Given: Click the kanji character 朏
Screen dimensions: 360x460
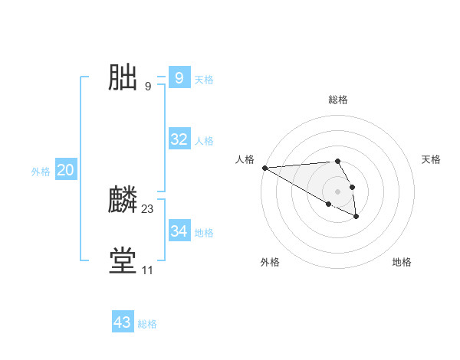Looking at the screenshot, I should click(x=123, y=78).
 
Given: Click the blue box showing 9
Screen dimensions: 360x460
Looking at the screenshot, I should click(x=179, y=78).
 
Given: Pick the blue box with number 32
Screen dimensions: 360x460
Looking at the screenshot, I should click(x=179, y=139).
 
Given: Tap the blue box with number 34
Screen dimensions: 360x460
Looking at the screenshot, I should click(x=179, y=231).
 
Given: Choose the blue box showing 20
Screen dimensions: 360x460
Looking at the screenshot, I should click(x=65, y=170).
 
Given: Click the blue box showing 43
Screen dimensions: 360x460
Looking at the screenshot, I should click(x=123, y=322).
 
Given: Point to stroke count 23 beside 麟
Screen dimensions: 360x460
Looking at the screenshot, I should click(x=147, y=209).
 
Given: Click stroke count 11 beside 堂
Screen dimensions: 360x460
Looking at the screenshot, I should click(x=147, y=270).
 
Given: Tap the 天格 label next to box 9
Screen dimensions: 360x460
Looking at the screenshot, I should click(x=204, y=80).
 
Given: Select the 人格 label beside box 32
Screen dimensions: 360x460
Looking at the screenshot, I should click(x=204, y=141).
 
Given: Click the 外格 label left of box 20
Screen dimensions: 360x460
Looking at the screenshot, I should click(x=41, y=172).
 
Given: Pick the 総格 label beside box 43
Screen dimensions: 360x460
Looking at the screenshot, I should click(x=147, y=324).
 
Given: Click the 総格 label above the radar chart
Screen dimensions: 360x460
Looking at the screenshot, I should click(x=337, y=100).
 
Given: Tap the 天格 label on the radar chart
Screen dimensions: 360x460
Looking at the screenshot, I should click(x=431, y=159).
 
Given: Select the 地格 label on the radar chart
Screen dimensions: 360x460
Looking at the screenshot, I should click(x=402, y=262).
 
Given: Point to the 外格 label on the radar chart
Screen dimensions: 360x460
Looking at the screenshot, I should click(x=270, y=262).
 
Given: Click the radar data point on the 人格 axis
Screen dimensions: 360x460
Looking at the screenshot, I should click(x=264, y=168).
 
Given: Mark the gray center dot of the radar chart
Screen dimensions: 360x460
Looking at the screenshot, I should click(x=337, y=191).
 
